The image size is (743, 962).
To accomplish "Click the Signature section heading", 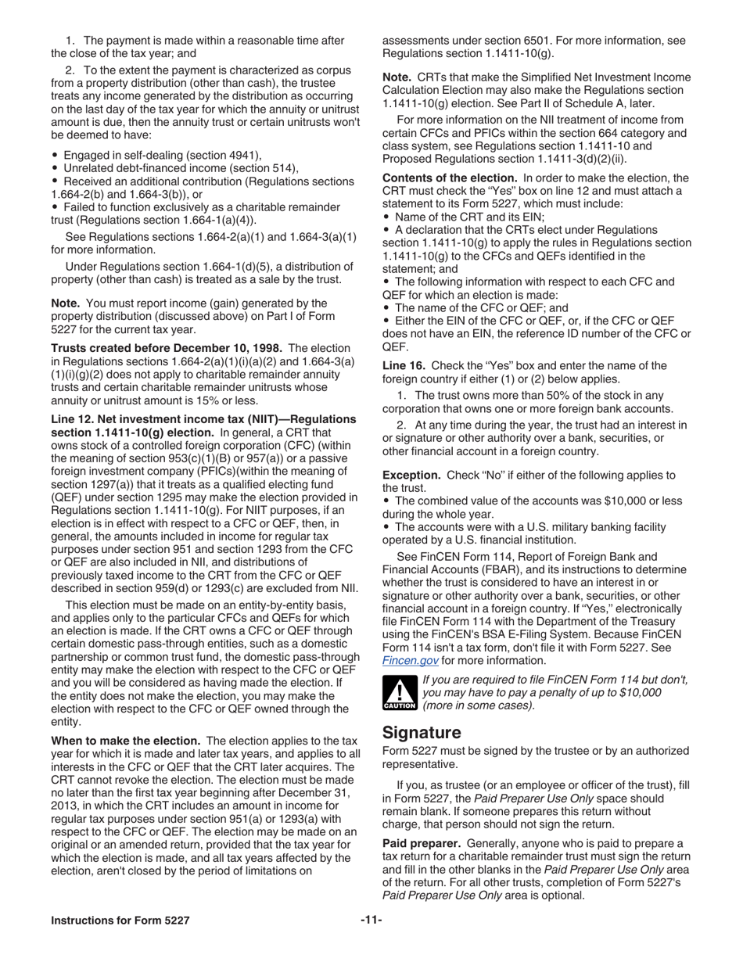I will pos(422,733).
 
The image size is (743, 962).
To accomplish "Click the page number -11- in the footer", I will pos(371,921).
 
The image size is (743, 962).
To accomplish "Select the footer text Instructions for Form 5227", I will pos(120,921).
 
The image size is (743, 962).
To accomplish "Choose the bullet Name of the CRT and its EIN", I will pos(470,217).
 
